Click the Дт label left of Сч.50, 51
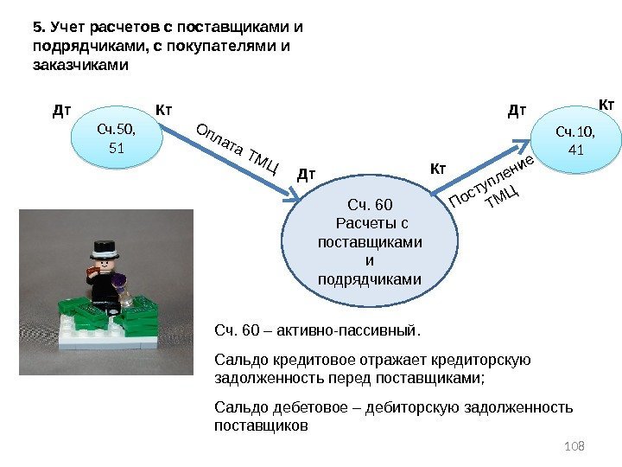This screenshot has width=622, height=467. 61,111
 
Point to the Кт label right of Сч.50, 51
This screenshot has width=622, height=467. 164,110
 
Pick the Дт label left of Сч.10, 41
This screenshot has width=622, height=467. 517,111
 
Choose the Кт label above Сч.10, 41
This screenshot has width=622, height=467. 606,105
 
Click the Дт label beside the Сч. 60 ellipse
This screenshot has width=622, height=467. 307,175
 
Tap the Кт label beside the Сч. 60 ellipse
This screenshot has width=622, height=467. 438,167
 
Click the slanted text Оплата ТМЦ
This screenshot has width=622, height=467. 238,149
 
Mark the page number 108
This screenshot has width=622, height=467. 574,445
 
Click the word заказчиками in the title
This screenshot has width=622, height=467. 79,64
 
